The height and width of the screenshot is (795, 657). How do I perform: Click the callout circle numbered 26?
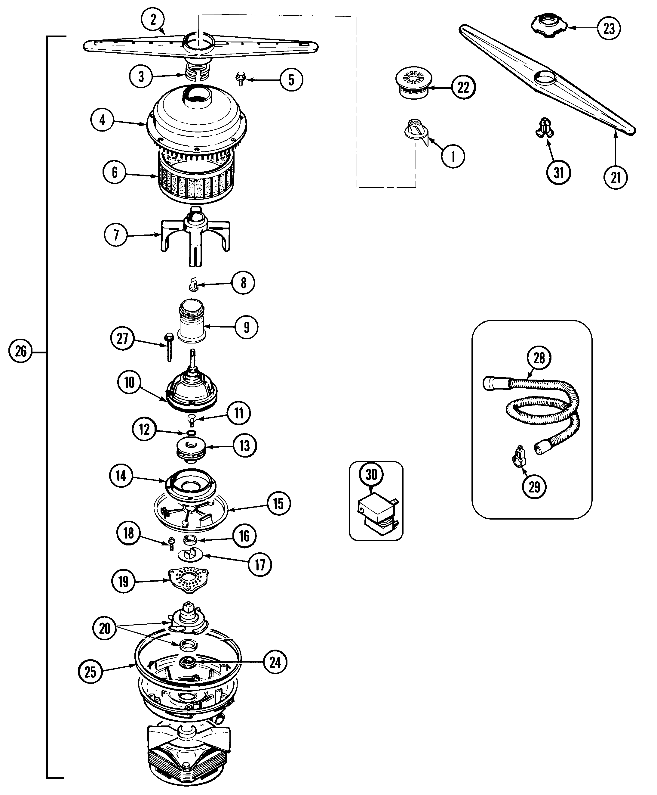pos(20,351)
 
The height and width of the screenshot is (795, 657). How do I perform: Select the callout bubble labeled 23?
pos(609,28)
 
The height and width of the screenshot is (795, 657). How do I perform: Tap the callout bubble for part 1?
pos(453,156)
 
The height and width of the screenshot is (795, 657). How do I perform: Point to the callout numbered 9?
pos(247,327)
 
